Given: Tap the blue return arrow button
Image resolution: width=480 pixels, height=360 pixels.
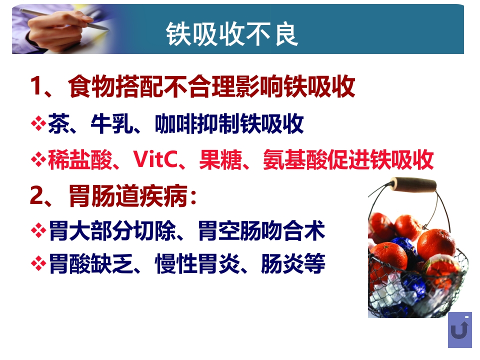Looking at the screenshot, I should click(459, 330).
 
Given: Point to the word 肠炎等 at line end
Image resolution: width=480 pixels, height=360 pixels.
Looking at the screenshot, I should click(293, 263).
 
